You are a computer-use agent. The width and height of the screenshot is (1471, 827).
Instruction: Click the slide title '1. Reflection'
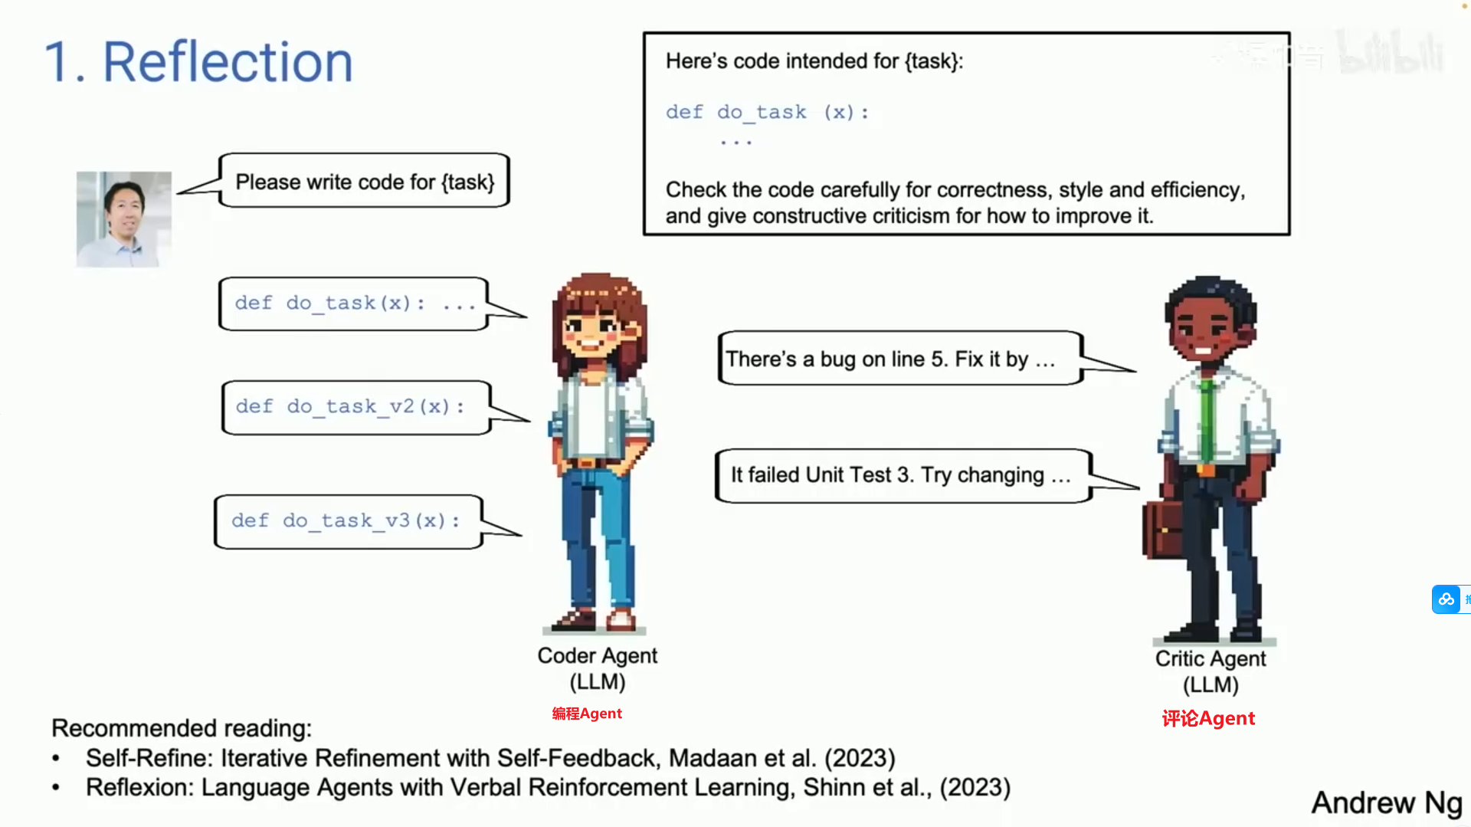(198, 62)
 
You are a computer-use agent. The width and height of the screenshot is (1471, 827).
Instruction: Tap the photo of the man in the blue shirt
(124, 219)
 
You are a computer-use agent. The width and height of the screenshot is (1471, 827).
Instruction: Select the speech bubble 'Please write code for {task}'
(365, 181)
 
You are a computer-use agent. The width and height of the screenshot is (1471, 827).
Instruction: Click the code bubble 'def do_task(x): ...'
(354, 304)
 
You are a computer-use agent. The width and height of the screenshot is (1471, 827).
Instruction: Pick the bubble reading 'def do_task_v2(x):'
(356, 407)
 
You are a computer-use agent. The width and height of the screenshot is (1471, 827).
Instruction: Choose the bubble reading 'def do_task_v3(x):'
(349, 521)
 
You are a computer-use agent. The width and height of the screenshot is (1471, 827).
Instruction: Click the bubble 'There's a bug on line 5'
(900, 358)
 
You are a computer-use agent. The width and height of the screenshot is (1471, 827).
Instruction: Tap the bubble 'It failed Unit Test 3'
(903, 475)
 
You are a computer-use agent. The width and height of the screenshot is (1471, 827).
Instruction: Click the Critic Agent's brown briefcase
(1162, 528)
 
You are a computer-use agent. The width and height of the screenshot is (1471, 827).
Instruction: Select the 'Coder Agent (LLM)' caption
(598, 668)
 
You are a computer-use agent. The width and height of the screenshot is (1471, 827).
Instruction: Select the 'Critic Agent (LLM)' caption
(1211, 671)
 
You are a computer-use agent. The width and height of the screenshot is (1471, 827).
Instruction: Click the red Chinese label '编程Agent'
(587, 714)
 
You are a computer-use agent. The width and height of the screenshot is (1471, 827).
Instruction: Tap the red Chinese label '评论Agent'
(1208, 718)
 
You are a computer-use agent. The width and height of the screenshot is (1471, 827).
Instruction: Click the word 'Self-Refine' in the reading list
(149, 758)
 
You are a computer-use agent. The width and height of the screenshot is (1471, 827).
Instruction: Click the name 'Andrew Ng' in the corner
(1387, 802)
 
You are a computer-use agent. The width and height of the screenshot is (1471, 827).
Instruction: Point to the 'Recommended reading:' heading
(182, 728)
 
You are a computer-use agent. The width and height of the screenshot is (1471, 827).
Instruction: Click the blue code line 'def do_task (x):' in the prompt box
(768, 113)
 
